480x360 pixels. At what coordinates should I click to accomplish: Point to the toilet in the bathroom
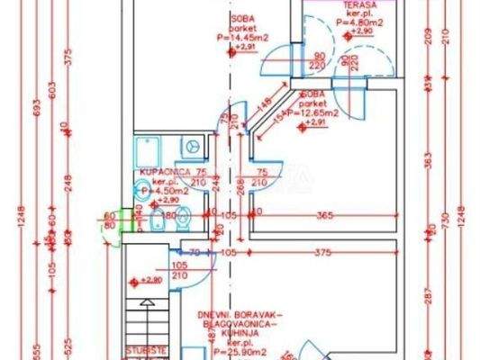(x=183, y=215)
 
